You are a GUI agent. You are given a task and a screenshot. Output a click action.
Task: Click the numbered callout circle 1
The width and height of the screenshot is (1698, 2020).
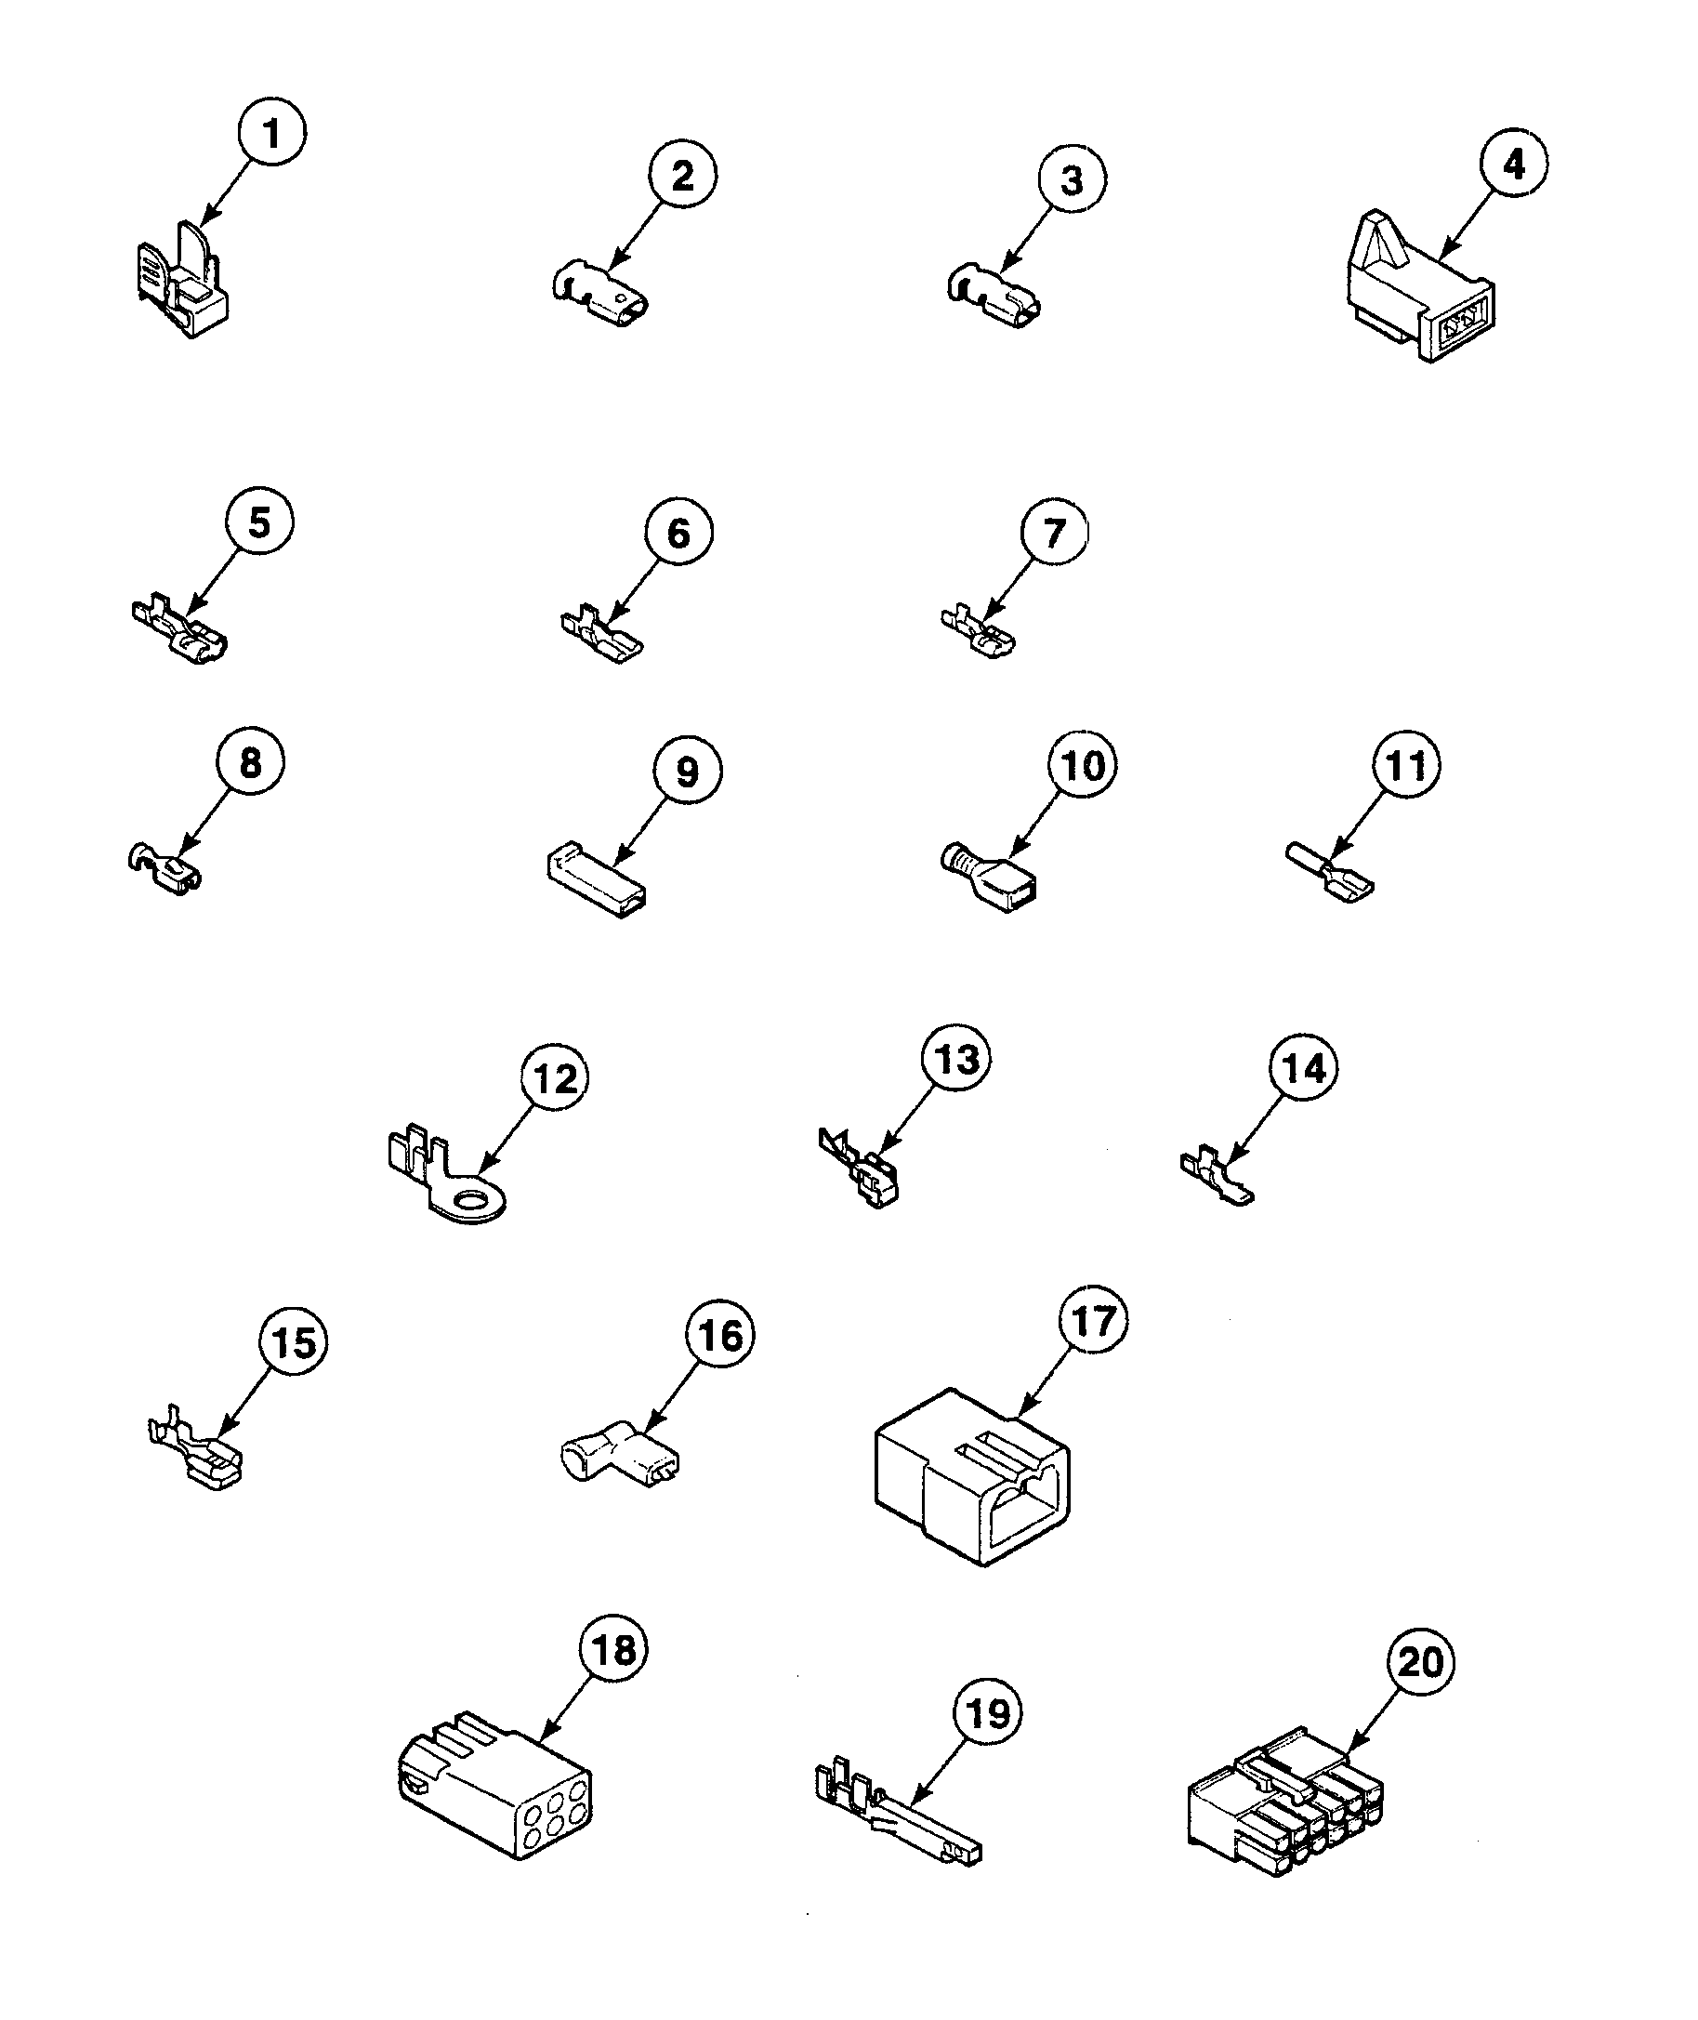click(x=272, y=132)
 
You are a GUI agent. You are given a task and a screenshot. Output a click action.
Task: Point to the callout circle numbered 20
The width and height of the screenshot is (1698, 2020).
click(x=1421, y=1662)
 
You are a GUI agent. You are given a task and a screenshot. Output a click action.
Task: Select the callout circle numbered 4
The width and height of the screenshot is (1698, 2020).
click(x=1514, y=164)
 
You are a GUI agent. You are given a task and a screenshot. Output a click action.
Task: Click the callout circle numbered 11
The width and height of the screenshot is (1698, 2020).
click(x=1406, y=765)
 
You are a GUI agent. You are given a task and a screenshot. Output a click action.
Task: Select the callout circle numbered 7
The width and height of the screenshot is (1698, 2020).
click(x=1055, y=532)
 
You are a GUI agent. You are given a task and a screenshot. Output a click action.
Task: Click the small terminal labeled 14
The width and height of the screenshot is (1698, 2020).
click(x=1216, y=1178)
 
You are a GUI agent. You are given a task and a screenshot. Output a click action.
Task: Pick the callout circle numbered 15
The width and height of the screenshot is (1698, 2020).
click(x=294, y=1342)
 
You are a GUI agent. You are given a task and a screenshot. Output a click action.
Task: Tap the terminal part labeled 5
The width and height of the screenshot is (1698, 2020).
click(x=181, y=634)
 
